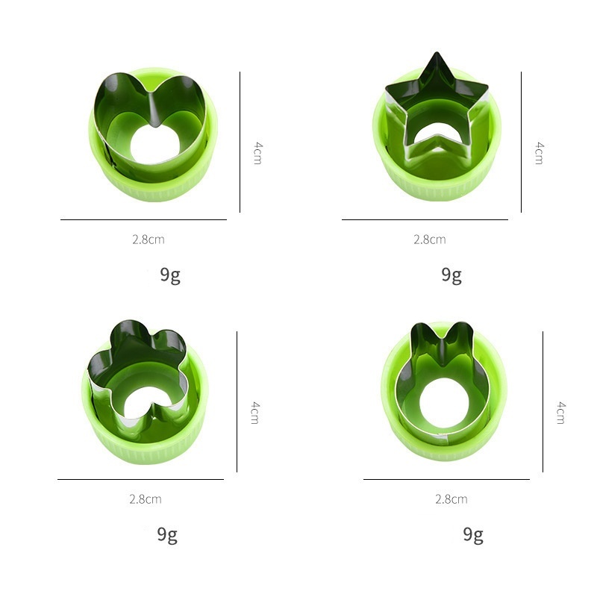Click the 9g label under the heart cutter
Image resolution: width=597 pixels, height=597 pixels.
click(x=170, y=275)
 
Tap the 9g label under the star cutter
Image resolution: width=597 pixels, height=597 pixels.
click(x=451, y=275)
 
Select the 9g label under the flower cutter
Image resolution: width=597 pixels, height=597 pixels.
click(x=167, y=535)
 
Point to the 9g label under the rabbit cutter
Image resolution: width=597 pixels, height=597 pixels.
click(x=473, y=535)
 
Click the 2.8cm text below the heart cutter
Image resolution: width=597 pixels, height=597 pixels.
click(x=149, y=240)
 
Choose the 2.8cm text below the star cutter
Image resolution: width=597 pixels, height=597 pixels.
click(x=430, y=240)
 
